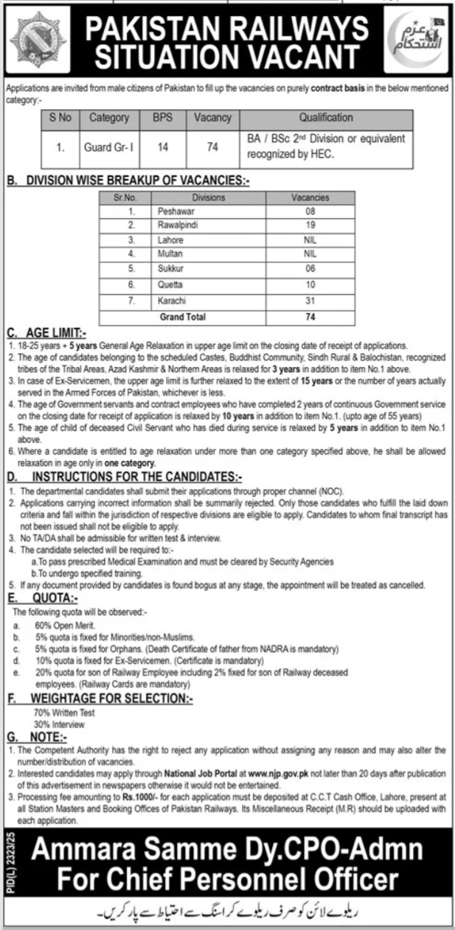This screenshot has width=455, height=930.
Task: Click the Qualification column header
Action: pos(325,117)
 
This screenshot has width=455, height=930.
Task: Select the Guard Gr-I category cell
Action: pos(109,147)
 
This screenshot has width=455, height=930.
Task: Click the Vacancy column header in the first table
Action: pos(212,117)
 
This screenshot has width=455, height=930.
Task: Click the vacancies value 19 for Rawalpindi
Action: pos(310,225)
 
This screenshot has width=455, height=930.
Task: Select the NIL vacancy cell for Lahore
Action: pos(310,240)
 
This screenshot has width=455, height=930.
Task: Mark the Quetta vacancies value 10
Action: pos(310,284)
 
